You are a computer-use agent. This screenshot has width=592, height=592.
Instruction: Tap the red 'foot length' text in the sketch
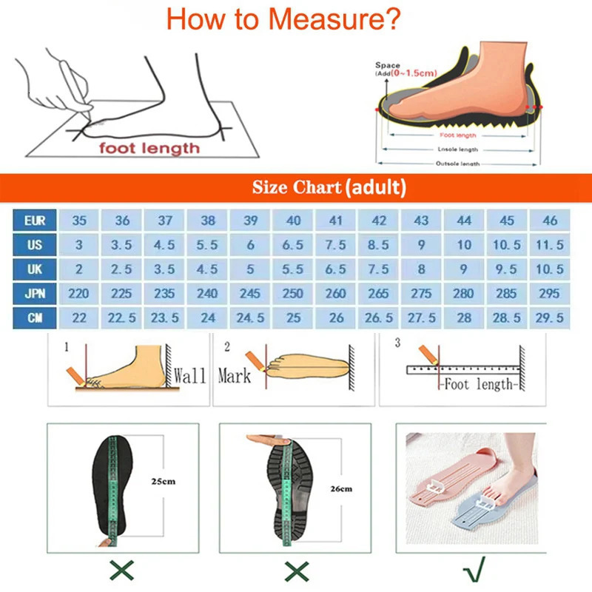click(150, 148)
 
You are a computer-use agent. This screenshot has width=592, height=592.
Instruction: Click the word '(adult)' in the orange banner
click(375, 187)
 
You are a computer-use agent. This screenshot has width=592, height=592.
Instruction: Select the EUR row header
click(34, 221)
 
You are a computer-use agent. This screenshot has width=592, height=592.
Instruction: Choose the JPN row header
click(34, 294)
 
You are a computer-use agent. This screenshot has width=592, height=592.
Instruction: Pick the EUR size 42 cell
click(379, 221)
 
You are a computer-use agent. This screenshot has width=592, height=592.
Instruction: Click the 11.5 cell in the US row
click(550, 245)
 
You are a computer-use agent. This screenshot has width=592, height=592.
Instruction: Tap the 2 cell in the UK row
click(78, 269)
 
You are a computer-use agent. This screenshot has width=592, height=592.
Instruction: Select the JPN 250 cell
click(293, 294)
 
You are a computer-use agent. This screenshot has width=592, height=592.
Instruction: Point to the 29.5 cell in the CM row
click(550, 317)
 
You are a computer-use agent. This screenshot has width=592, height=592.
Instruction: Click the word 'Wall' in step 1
click(189, 375)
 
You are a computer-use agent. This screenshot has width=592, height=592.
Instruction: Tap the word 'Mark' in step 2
click(235, 376)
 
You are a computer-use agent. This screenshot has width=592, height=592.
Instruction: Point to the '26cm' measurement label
click(341, 488)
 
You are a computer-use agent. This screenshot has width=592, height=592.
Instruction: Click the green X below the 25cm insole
click(120, 570)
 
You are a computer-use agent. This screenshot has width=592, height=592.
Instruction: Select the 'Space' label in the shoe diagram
click(387, 66)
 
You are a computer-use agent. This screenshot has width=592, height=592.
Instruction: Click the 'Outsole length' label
click(457, 164)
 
